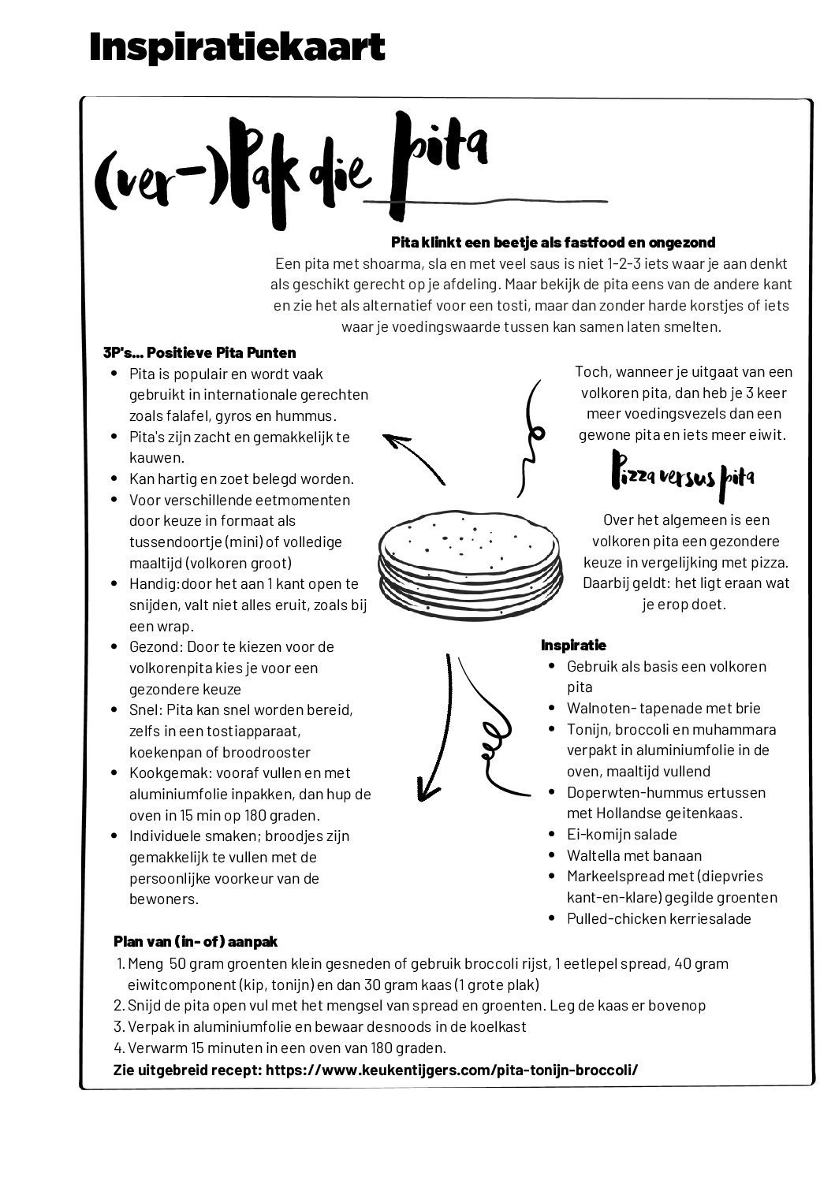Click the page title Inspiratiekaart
(237, 47)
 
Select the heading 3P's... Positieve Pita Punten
(199, 352)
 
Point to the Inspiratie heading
(573, 646)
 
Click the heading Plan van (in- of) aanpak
(196, 942)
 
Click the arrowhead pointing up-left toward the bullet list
(393, 440)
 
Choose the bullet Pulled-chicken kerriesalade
(658, 918)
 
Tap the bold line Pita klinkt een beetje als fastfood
(553, 243)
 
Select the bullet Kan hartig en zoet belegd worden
(241, 478)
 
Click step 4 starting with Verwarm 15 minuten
(280, 1048)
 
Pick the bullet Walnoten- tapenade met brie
(652, 708)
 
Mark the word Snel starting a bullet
(143, 710)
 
